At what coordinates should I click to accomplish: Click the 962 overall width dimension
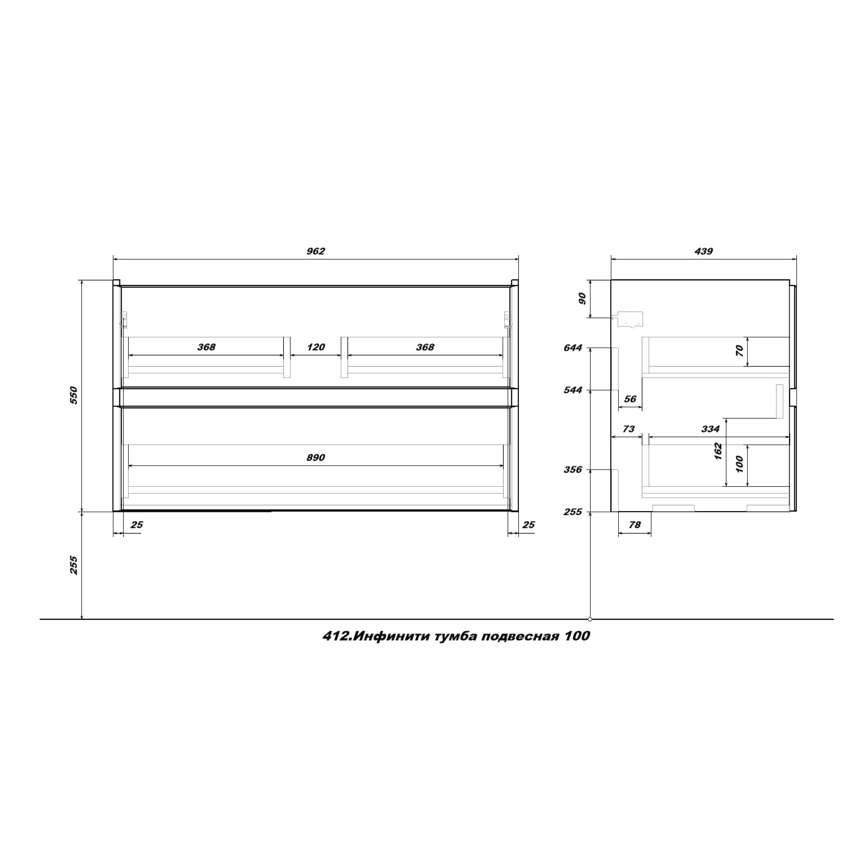[316, 251]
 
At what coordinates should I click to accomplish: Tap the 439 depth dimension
[703, 251]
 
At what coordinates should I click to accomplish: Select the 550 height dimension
[74, 395]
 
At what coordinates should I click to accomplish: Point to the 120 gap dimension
[316, 347]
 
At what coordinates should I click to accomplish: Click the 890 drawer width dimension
[316, 457]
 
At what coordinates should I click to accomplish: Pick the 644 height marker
[573, 348]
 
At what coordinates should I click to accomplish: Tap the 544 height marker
[573, 390]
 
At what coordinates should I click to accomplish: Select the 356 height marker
[573, 469]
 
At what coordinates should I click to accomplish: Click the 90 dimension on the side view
[582, 298]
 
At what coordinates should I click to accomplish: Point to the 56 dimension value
[630, 398]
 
